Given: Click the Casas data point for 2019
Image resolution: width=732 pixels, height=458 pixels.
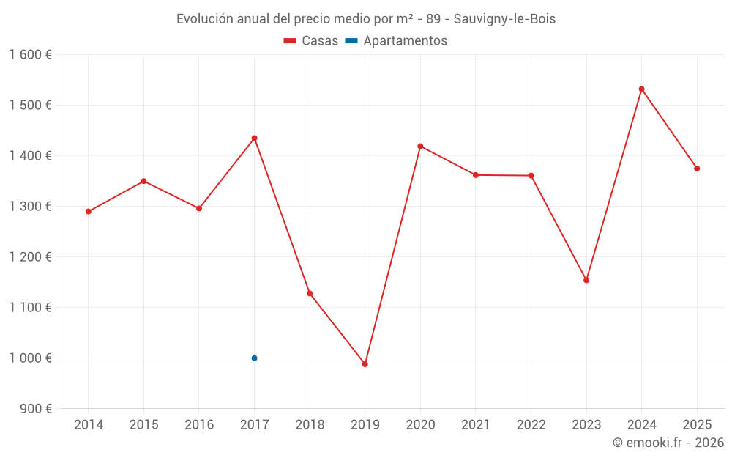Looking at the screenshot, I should pos(365,364).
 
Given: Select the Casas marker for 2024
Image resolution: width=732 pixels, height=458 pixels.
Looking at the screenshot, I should pos(641,89).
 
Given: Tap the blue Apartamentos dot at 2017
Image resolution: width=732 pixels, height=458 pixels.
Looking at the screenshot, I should pos(254,358).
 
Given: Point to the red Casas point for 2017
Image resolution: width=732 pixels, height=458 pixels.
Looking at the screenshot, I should pos(254,138).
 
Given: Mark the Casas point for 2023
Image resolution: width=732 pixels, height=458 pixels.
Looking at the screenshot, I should pos(586,280).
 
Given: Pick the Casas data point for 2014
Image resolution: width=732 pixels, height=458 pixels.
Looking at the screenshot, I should pos(89,212).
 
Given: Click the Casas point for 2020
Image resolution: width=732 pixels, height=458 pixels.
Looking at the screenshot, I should pos(420,146).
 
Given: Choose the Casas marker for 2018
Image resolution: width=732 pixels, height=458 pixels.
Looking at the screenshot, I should pos(310,294).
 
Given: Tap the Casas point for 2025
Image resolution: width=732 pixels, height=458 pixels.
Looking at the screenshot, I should pos(697,169).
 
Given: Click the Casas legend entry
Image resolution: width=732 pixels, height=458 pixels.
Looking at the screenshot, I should pos(311,41).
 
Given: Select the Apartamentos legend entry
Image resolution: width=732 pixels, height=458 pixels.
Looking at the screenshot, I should pos(396,41).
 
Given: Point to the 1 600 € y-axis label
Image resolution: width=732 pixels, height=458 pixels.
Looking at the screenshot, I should pos(30,55).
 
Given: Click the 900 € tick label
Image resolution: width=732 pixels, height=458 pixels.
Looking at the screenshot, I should pos(35,409).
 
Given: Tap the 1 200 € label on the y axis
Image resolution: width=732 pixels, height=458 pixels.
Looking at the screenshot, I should pos(30,257).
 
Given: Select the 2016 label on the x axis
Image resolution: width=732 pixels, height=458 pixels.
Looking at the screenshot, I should pos(199,425).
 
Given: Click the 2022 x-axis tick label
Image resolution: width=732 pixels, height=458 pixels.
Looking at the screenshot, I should pos(531,425).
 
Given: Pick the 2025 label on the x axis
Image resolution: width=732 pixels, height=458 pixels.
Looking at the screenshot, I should pos(697,425).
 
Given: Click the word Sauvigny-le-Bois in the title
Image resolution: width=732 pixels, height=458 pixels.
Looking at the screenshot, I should pos(504,19).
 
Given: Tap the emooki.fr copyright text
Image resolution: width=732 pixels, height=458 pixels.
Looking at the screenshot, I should pos(668,443).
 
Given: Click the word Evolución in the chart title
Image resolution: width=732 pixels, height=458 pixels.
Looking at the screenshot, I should pos(205,19).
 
